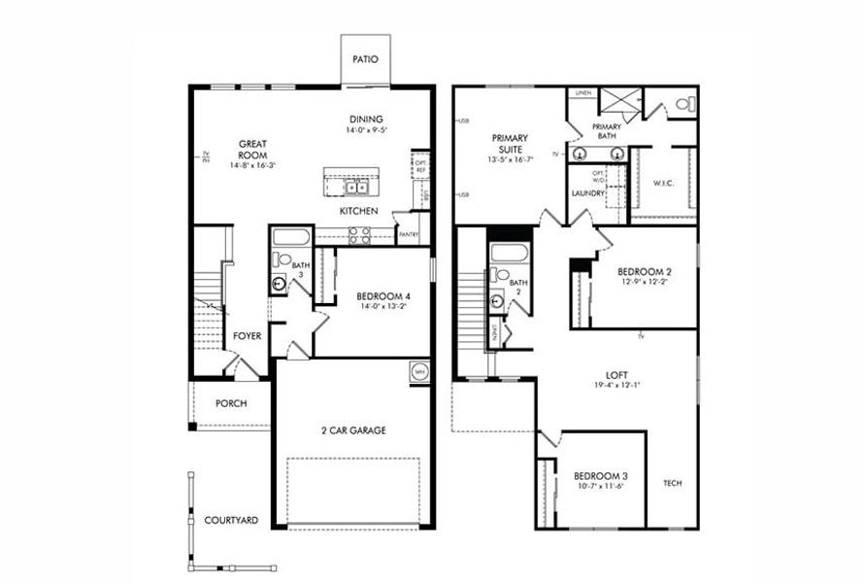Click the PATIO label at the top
coord(365,59)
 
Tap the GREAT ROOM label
coord(252,150)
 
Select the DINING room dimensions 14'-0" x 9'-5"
coord(365,130)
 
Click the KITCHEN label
coord(358,211)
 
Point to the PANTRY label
coord(408,234)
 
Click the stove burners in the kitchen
coord(358,234)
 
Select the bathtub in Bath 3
coord(289,237)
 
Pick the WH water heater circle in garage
coord(419,371)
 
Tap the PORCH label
coord(231,403)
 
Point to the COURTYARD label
coord(231,521)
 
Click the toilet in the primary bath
coord(681,103)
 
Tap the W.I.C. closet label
coord(664,182)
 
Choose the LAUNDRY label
coord(588,193)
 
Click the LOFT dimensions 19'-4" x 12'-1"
coord(617,385)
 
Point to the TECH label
coord(673,483)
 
